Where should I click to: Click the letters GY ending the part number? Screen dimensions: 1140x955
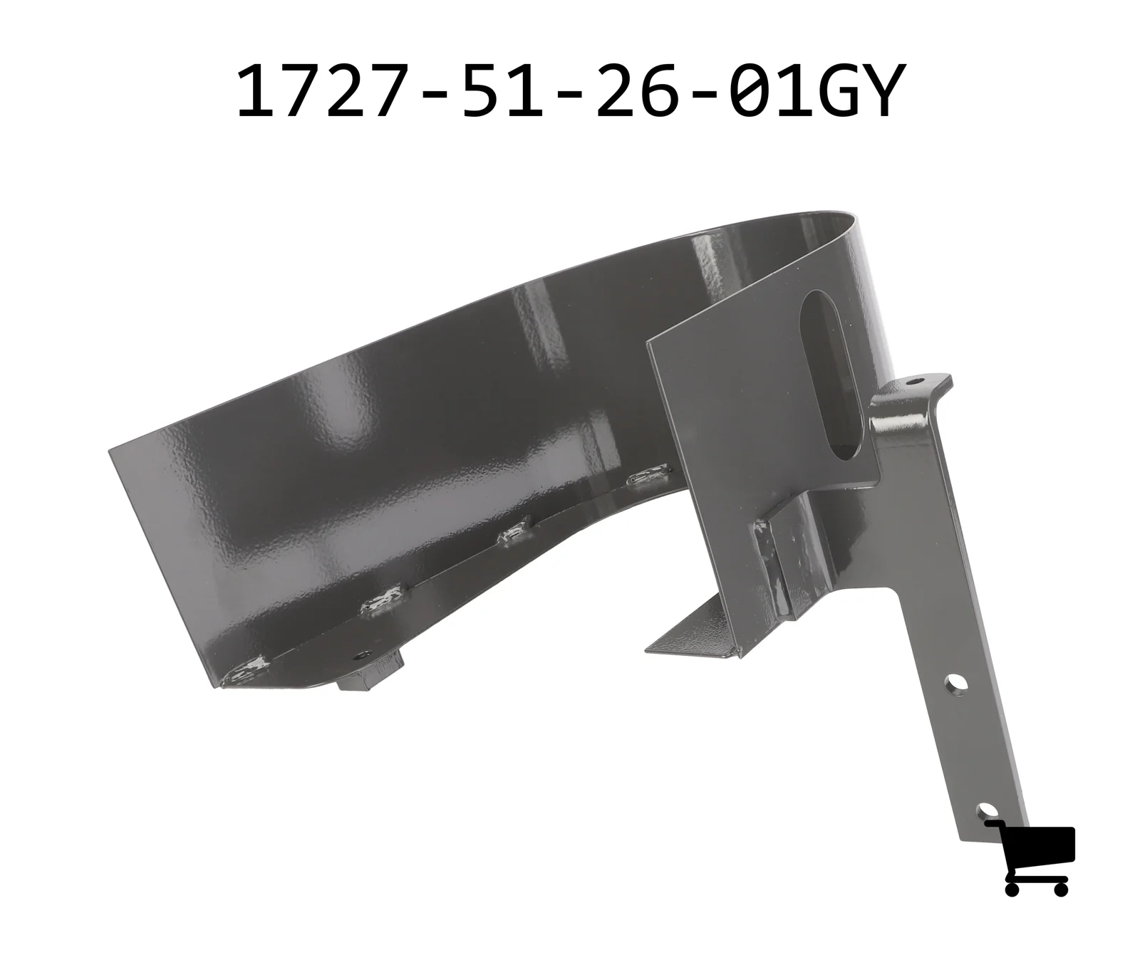(x=856, y=91)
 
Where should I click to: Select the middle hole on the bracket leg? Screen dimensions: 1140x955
(x=954, y=686)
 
